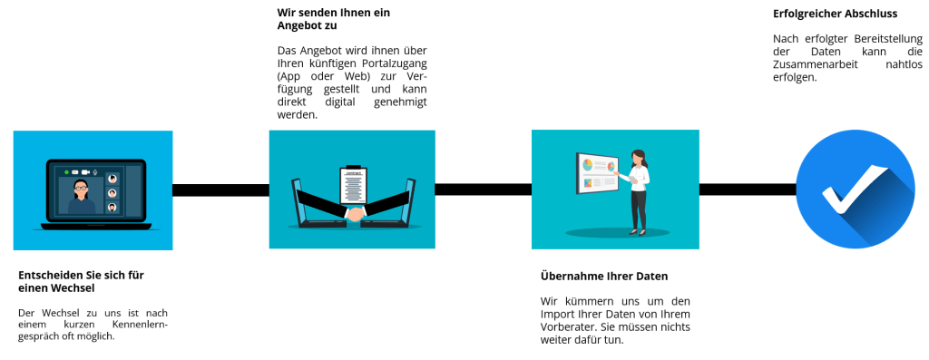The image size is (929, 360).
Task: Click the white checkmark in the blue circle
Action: pos(852,189)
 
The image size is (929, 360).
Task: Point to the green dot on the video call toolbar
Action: pos(65,171)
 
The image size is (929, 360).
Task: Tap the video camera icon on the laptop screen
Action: pos(86,171)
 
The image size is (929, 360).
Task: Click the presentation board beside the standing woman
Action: pos(598,172)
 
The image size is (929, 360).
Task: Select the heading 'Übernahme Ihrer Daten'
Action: pos(603,276)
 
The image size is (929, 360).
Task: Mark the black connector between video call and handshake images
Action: pos(220,190)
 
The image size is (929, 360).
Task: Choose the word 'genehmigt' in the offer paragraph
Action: pos(399,102)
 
